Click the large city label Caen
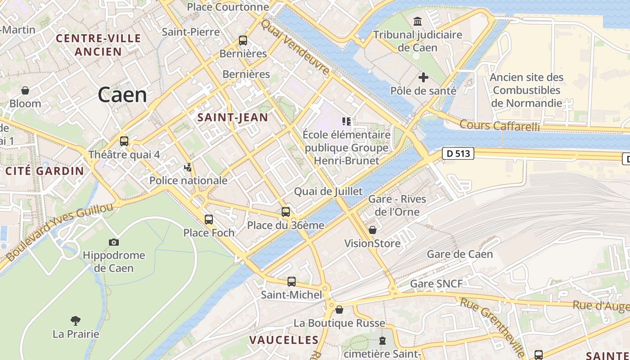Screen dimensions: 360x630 pos(122,95)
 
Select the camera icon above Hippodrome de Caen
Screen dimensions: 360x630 pos(114,242)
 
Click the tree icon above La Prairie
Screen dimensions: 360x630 pos(76,321)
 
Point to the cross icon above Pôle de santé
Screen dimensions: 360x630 pos(423,77)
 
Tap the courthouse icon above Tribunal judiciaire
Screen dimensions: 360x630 pos(418,21)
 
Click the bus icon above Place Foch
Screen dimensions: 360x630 pos(209,220)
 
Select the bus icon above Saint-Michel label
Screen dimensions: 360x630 pos(292,282)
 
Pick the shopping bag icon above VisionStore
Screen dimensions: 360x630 pos(373,230)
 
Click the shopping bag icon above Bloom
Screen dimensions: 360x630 pos(25,90)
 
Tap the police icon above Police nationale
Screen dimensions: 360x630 pos(188,168)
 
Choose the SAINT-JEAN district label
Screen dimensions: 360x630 pos(233,118)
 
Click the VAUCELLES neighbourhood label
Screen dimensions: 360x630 pos(284,340)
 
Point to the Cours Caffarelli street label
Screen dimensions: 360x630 pos(499,126)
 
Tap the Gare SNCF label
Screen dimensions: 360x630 pos(436,283)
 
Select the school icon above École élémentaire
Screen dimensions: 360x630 pos(346,121)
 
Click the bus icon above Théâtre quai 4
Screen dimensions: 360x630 pos(124,141)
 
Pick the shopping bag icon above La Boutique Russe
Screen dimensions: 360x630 pos(339,310)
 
